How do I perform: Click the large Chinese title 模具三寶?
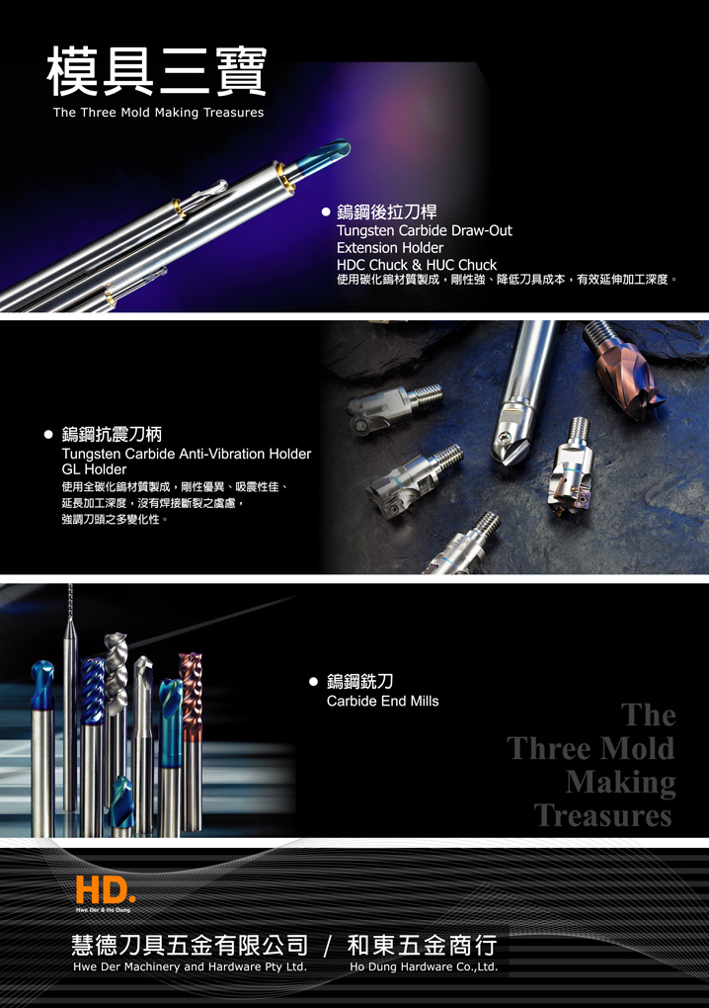[x=157, y=71]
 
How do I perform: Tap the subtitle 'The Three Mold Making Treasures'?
[x=159, y=113]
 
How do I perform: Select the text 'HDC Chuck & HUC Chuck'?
[x=416, y=265]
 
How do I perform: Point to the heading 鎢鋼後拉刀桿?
[x=387, y=211]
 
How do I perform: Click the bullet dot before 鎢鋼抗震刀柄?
[x=48, y=435]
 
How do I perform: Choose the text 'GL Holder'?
[x=94, y=469]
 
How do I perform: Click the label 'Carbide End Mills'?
[x=383, y=701]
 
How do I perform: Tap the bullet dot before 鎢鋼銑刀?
[x=313, y=682]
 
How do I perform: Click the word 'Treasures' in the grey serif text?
[x=603, y=815]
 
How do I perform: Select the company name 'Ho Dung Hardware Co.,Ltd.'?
[x=424, y=966]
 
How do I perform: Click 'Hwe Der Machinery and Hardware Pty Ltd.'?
[x=191, y=966]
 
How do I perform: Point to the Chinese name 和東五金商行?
[x=422, y=945]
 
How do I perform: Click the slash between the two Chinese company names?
[x=328, y=947]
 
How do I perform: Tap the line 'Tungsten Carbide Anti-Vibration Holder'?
[x=187, y=454]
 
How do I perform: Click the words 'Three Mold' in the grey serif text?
[x=591, y=748]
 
